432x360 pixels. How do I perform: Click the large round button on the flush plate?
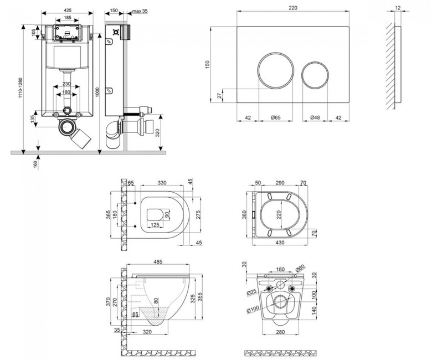point(258,70)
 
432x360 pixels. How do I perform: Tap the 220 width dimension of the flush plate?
point(293,8)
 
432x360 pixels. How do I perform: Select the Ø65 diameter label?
point(275,117)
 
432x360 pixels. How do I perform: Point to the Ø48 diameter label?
point(315,117)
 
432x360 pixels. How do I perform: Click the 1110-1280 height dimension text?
point(20,88)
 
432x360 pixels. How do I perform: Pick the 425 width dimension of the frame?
point(68,10)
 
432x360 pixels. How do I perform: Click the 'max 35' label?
point(140,11)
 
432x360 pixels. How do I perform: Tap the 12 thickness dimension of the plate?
point(398,8)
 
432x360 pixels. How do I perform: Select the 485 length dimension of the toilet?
point(158,261)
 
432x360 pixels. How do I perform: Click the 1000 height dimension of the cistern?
point(97,92)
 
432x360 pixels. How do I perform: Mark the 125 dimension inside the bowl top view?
point(155,225)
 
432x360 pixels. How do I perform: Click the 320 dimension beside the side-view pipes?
point(157,133)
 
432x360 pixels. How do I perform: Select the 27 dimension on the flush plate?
point(219,96)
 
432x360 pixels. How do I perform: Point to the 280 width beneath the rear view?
point(280,332)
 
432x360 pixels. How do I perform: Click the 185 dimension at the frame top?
point(68,17)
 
